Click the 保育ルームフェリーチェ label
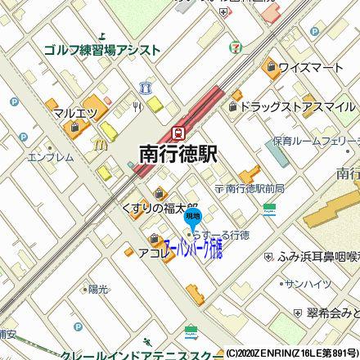pos(315,141)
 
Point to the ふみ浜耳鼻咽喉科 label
pos(319,256)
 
